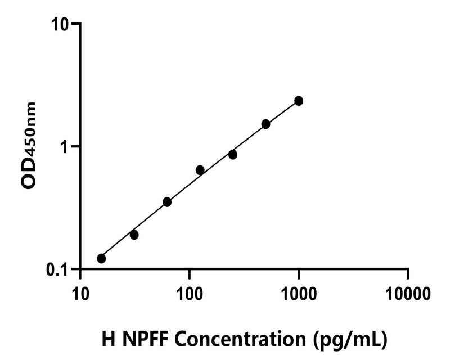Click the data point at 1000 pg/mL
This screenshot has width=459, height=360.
[x=299, y=101]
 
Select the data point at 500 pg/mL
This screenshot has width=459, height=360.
[x=265, y=124]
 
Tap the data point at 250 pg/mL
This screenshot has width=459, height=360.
[x=233, y=154]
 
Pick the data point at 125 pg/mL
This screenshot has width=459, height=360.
[x=200, y=170]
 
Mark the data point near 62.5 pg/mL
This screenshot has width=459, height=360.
[x=167, y=201]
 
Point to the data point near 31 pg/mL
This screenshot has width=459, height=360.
[x=134, y=235]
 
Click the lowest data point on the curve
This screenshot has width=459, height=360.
[x=101, y=258]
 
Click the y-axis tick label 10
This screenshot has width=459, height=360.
[x=60, y=25]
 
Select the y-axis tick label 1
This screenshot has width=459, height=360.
[x=64, y=147]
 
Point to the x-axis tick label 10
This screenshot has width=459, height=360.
[x=80, y=293]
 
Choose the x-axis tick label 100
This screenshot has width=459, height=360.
[x=190, y=293]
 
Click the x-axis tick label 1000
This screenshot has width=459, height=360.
[x=299, y=293]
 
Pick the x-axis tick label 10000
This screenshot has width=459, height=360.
[x=408, y=293]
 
